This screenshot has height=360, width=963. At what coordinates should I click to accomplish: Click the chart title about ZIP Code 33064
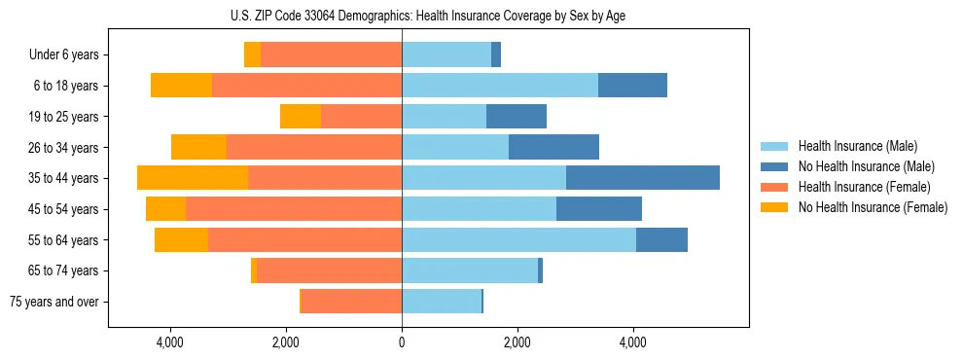pos(429,16)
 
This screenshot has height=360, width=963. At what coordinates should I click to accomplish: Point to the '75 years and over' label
pos(54,302)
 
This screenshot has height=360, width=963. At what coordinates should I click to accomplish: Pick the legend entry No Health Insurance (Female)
pos(873,207)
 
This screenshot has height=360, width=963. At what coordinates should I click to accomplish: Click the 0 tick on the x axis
pos(402,342)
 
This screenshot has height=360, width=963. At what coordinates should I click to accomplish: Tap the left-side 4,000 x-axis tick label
pos(170,342)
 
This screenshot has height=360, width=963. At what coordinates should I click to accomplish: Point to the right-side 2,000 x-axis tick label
pos(517,342)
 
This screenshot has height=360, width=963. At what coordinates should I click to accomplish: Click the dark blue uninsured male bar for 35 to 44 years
pos(642,178)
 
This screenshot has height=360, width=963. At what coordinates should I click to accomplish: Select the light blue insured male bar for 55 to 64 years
pos(518,239)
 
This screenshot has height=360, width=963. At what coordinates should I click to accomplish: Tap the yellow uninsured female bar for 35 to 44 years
pos(193,178)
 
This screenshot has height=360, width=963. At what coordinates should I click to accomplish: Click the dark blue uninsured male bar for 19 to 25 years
pos(516,117)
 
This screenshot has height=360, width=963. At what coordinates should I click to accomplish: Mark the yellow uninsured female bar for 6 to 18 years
pos(181,86)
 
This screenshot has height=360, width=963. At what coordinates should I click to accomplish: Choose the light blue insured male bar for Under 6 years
pos(446,54)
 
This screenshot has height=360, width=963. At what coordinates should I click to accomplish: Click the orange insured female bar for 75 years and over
pos(351,302)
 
